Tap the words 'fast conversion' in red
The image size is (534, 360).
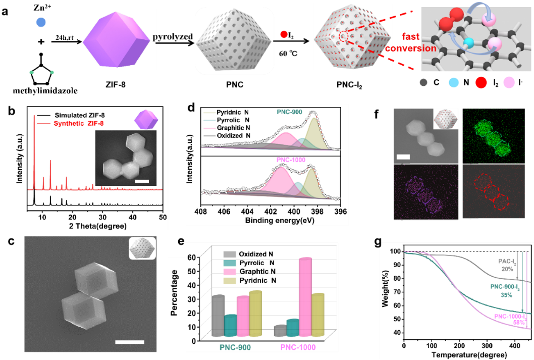coord(410,43)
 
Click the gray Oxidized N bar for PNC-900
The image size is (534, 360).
coord(218,316)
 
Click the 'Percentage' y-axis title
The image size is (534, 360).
coord(174,293)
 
